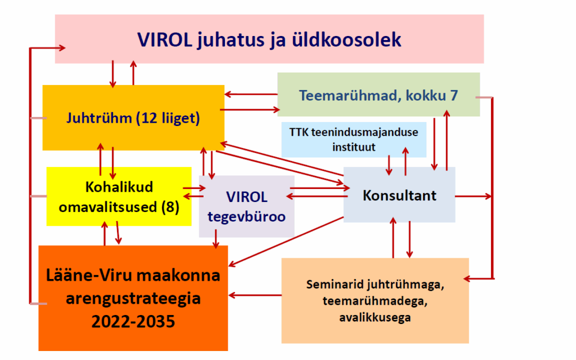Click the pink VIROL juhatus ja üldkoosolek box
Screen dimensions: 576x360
pyautogui.click(x=269, y=39)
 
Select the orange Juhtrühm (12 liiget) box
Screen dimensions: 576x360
pyautogui.click(x=133, y=118)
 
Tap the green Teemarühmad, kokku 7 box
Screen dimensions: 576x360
pyautogui.click(x=379, y=94)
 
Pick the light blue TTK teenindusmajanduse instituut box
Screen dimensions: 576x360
pyautogui.click(x=354, y=139)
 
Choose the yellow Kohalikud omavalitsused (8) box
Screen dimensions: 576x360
pyautogui.click(x=119, y=196)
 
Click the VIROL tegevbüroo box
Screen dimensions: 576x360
pyautogui.click(x=246, y=206)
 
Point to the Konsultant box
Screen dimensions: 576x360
pyautogui.click(x=399, y=195)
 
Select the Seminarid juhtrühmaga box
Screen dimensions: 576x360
pyautogui.click(x=375, y=300)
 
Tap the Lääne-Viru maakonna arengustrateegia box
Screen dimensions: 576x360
pyautogui.click(x=133, y=298)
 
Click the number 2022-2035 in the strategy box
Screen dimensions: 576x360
pyautogui.click(x=133, y=321)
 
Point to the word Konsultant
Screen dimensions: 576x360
pyautogui.click(x=399, y=195)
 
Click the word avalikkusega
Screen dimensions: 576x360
pyautogui.click(x=375, y=317)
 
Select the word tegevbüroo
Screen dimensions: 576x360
pyautogui.click(x=246, y=217)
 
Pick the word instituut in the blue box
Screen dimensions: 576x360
pyautogui.click(x=354, y=147)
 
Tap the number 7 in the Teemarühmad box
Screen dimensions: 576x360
pyautogui.click(x=454, y=96)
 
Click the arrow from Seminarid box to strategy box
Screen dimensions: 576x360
pyautogui.click(x=255, y=295)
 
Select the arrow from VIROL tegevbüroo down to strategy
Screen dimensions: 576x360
pyautogui.click(x=215, y=238)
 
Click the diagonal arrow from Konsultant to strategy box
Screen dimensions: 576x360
pyautogui.click(x=286, y=241)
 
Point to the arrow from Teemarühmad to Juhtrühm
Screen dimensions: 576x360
pyautogui.click(x=251, y=94)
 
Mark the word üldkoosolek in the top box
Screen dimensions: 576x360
pyautogui.click(x=346, y=39)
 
